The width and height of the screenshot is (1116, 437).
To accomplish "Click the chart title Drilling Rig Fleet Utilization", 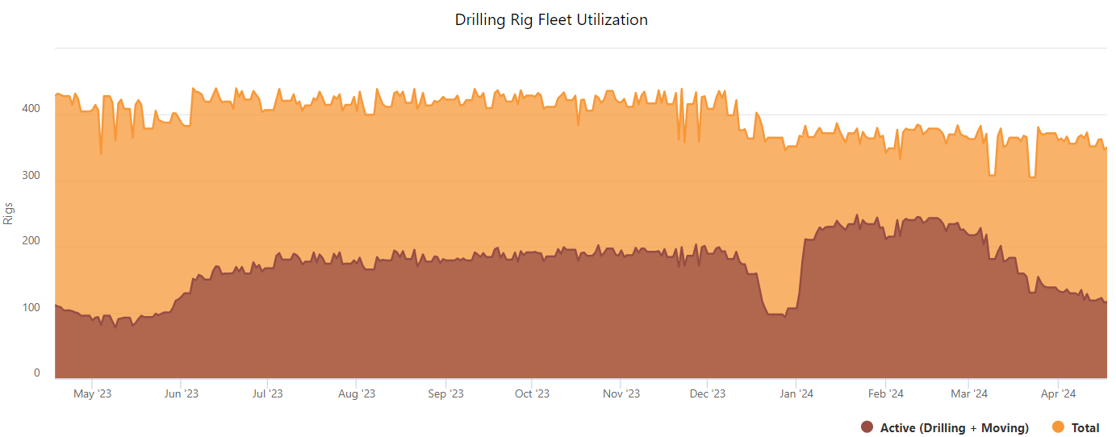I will pos(551,19).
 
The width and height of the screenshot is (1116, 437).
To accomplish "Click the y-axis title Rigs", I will pos(9,213).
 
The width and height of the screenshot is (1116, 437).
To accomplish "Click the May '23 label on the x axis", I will pos(93,393).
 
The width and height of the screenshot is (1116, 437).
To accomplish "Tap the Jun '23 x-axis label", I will pos(181,393).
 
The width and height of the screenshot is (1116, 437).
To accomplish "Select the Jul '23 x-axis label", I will pos(267,393).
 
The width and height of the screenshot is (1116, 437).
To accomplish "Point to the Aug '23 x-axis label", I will pos(357,393).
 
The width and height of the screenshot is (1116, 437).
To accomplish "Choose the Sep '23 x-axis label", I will pos(445,393).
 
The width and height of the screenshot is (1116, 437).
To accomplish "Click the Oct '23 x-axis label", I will pos(532,393).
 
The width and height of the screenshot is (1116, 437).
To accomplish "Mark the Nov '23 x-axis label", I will pos(621,393).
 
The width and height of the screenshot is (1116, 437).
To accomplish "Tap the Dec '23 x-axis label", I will pos(708,393).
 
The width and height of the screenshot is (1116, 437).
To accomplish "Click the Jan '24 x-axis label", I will pos(796,393).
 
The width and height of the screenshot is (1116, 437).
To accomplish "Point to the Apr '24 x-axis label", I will pos(1058,393).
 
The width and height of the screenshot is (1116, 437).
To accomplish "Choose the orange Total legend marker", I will pos(1059,427).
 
